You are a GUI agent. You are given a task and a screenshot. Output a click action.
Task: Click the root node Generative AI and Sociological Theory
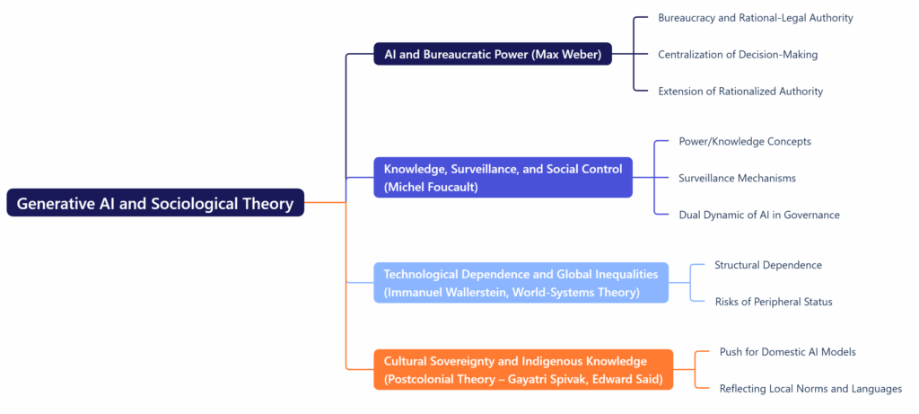click(x=155, y=204)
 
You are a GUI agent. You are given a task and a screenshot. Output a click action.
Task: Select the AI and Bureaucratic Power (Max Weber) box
click(x=493, y=54)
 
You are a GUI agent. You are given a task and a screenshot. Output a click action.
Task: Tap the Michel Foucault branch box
click(x=503, y=177)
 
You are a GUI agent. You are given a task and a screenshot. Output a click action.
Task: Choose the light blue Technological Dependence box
click(x=521, y=283)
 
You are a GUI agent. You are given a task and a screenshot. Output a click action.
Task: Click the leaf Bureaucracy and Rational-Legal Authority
click(x=755, y=18)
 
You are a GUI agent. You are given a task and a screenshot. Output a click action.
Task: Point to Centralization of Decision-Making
click(x=738, y=55)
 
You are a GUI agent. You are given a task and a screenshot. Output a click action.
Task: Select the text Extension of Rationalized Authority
click(x=740, y=91)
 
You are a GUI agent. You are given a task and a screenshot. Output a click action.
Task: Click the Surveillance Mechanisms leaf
click(x=737, y=178)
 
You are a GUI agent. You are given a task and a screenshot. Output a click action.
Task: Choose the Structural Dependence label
click(x=768, y=265)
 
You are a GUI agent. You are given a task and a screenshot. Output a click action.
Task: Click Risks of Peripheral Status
click(x=773, y=302)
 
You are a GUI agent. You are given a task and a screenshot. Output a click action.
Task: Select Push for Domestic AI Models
click(x=787, y=352)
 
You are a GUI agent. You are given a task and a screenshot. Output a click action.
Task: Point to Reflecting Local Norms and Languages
click(x=810, y=389)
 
